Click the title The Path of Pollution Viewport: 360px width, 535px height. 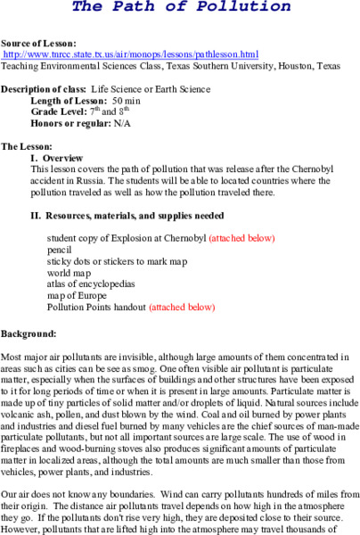181,7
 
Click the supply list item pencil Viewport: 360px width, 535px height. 59,251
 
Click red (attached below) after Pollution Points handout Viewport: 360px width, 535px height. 182,308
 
